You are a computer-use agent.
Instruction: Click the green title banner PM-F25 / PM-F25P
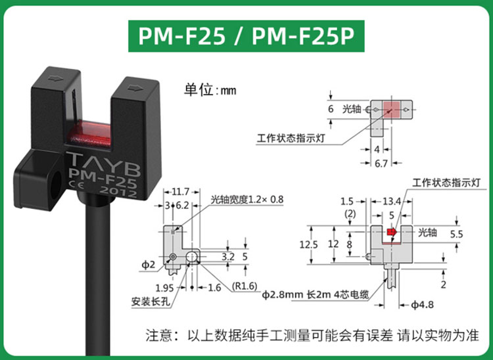[x=246, y=35]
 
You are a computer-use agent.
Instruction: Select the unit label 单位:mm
[x=210, y=90]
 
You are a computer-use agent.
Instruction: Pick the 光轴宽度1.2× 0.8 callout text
[x=246, y=200]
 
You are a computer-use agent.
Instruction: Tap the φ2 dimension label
[x=149, y=265]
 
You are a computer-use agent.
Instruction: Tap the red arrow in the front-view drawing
[x=391, y=232]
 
